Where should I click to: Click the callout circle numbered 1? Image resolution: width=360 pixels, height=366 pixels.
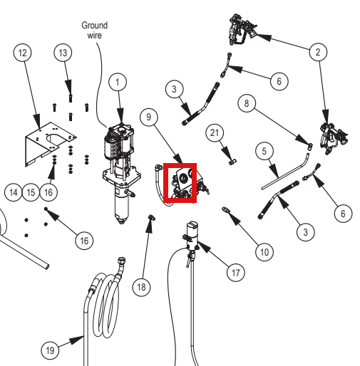118,82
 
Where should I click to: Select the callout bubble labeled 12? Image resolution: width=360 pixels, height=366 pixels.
23,53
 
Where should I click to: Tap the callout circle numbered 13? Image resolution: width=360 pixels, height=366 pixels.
63,53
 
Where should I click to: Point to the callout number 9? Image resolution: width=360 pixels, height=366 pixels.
149,117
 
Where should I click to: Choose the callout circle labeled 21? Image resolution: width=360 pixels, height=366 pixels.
215,132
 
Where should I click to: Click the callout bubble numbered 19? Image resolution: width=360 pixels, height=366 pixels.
50,350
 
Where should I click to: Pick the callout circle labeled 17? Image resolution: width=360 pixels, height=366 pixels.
235,273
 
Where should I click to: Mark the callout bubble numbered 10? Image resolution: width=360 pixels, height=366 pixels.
264,252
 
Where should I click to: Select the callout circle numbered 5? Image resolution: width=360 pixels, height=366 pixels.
264,151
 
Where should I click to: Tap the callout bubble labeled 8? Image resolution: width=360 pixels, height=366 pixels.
247,103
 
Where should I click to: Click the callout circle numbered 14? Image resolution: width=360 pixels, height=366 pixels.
14,192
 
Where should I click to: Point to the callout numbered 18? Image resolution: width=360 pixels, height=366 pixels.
141,287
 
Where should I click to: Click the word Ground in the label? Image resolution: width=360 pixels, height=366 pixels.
95,25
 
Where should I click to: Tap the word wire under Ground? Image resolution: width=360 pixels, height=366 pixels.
95,35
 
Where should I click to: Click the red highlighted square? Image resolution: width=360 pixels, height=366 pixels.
180,183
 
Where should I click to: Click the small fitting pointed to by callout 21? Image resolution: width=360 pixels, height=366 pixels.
232,162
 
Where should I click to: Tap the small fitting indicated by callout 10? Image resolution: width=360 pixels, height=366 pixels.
225,209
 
